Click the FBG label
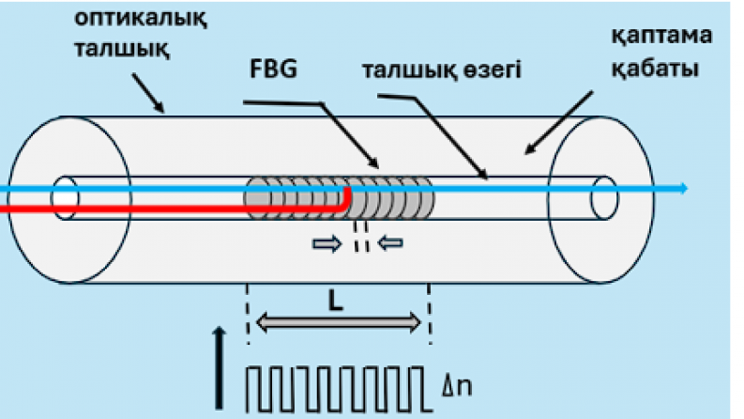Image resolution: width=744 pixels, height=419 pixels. click(x=278, y=72)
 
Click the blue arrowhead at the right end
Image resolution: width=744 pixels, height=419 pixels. click(x=683, y=189)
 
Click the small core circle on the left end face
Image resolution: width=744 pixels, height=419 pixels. click(x=66, y=197)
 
